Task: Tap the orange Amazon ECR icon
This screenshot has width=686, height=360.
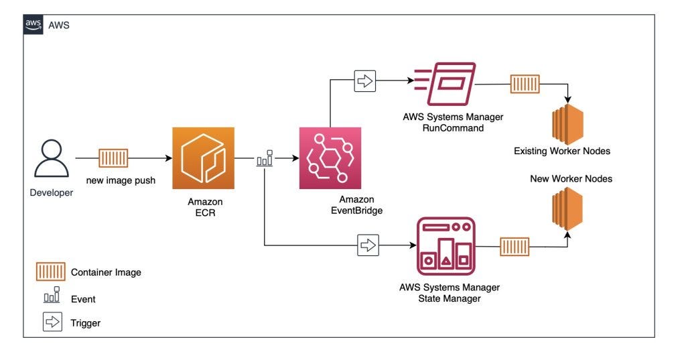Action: tap(203, 159)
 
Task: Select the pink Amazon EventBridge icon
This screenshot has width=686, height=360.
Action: tap(330, 158)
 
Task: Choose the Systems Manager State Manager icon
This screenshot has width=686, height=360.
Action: tap(446, 246)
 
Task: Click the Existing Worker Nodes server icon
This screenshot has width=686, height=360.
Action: tap(567, 123)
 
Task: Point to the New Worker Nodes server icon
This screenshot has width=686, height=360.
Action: tap(567, 208)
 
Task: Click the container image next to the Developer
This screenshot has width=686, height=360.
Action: tap(113, 158)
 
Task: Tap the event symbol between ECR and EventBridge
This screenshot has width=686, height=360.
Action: tap(265, 159)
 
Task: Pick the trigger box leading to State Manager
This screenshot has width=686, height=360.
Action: tap(368, 245)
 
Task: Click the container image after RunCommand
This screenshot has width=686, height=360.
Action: tap(525, 84)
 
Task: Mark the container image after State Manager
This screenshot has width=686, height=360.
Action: tap(514, 246)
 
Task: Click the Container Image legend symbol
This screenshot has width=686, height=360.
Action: tap(50, 272)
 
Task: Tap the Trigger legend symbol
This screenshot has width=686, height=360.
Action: tap(52, 322)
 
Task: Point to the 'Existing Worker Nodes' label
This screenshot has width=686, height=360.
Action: tap(562, 152)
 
